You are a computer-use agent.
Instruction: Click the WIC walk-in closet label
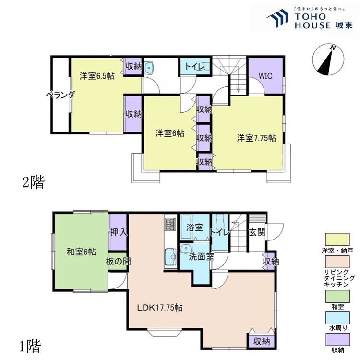[x=265, y=76]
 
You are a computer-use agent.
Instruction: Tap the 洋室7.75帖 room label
[x=256, y=138]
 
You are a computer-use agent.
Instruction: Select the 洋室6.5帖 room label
[x=97, y=76]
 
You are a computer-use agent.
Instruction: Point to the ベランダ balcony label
[x=60, y=95]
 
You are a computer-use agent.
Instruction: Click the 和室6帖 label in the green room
[x=81, y=252]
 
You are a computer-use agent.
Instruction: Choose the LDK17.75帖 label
[x=160, y=307]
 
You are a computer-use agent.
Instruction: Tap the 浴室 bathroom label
[x=195, y=228]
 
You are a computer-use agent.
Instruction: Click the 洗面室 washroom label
[x=201, y=257]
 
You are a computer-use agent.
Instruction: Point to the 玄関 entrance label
[x=257, y=232]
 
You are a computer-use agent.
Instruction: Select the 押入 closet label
[x=119, y=232]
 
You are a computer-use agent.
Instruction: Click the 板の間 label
[x=118, y=261]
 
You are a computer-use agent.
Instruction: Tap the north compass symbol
[x=328, y=59]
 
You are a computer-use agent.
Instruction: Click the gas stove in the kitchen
[x=170, y=224]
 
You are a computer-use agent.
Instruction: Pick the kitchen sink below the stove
[x=170, y=257]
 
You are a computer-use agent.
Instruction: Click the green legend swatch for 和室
[x=337, y=296]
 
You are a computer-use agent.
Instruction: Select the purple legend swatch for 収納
[x=337, y=339]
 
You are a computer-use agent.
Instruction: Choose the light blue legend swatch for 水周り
[x=337, y=318]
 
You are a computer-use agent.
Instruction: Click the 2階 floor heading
[x=34, y=182]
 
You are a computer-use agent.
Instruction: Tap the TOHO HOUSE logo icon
[x=278, y=17]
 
